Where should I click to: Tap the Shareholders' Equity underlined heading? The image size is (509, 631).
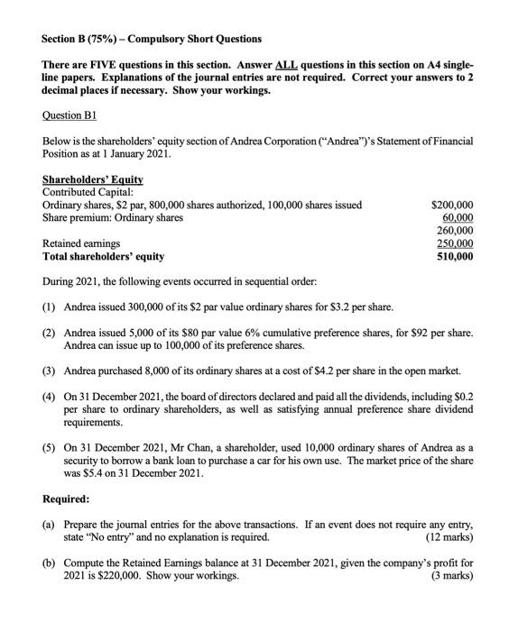90,179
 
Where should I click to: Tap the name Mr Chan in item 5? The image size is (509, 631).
187,446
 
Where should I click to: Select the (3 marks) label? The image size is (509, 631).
450,574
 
